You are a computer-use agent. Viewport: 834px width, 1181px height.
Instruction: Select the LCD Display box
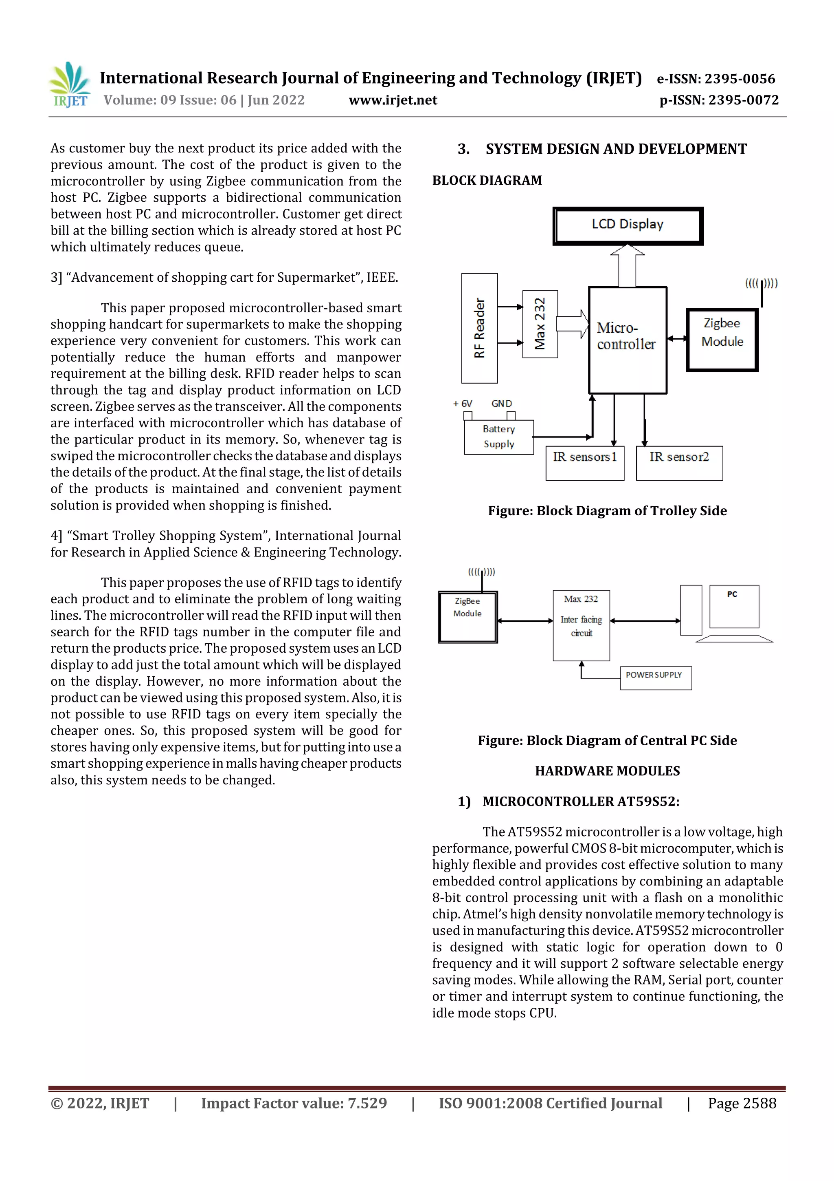tap(628, 225)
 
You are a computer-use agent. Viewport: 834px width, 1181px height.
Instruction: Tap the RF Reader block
tap(479, 328)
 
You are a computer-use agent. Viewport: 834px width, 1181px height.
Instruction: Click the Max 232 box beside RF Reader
tap(540, 324)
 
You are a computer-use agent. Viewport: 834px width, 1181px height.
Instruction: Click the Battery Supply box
tap(498, 437)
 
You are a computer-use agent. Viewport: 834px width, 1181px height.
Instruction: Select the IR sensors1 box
tap(585, 463)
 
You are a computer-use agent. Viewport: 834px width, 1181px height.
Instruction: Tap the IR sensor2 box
tap(679, 463)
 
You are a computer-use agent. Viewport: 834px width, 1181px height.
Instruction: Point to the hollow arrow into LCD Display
tap(627, 265)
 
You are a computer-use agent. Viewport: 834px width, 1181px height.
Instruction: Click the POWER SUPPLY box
tap(655, 678)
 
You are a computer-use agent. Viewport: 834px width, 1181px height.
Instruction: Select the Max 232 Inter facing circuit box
tap(581, 625)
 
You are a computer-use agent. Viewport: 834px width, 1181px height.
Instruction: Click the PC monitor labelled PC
tap(733, 606)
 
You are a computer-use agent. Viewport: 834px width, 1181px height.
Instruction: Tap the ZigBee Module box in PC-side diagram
tap(467, 616)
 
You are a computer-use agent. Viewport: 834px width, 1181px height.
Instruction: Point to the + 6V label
tap(463, 404)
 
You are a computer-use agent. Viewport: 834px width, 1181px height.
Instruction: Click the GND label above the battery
tap(502, 404)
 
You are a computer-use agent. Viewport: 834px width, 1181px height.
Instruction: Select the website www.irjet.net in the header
tap(393, 100)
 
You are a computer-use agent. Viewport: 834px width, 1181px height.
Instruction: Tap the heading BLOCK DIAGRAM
tap(487, 181)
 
